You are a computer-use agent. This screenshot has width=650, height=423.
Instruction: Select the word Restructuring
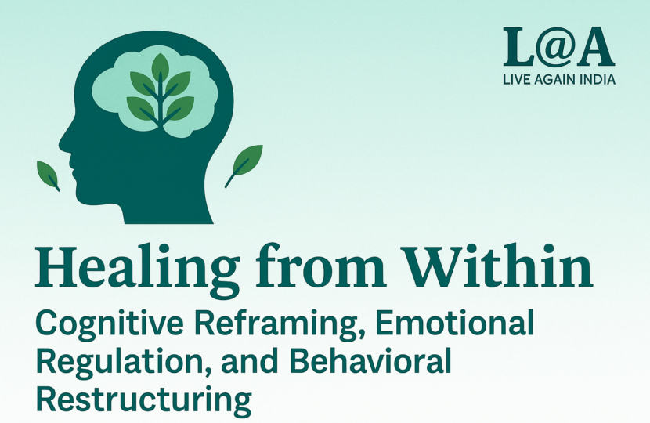tap(144, 399)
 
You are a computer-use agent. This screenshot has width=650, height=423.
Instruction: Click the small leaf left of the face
tap(48, 174)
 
